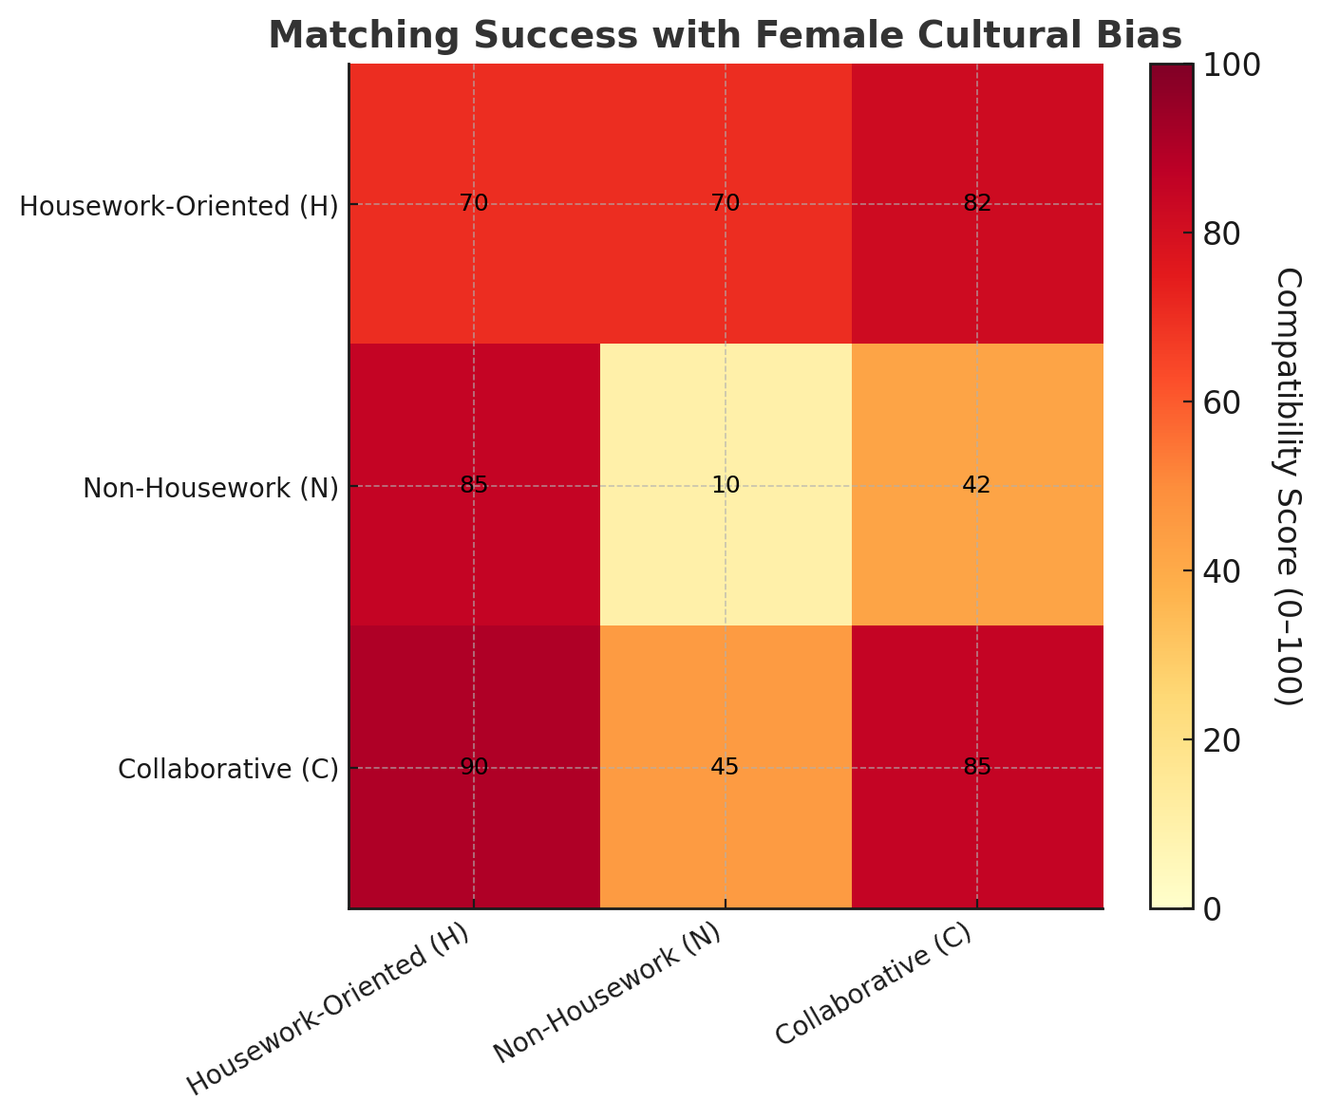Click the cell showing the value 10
tap(726, 485)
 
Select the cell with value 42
tap(976, 485)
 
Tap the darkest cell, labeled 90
tap(474, 767)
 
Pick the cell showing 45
tap(726, 767)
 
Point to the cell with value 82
tap(976, 203)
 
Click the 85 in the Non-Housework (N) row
tap(474, 485)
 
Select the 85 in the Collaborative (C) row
tap(976, 767)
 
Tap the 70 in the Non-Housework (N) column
tap(726, 203)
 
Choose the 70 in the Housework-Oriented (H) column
tap(474, 203)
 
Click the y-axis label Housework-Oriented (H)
tap(179, 206)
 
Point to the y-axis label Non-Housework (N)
tap(210, 488)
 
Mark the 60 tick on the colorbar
tap(1225, 402)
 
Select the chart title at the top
tap(725, 35)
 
